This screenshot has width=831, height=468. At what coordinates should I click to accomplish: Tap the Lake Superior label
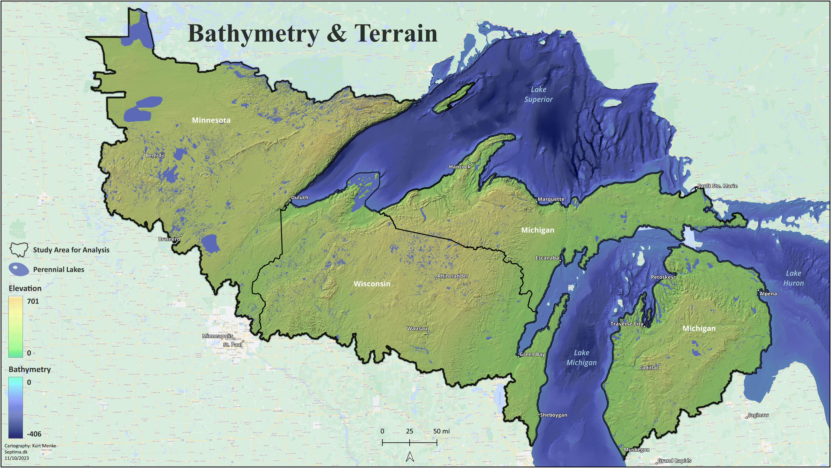(538, 94)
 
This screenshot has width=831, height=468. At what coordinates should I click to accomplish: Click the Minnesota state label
(211, 120)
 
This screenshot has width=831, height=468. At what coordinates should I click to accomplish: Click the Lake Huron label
(793, 278)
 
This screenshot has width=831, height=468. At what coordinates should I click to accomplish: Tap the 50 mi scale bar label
(441, 431)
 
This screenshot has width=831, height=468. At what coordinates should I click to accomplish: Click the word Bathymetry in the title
(254, 34)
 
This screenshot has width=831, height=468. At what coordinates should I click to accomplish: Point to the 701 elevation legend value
(33, 301)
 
